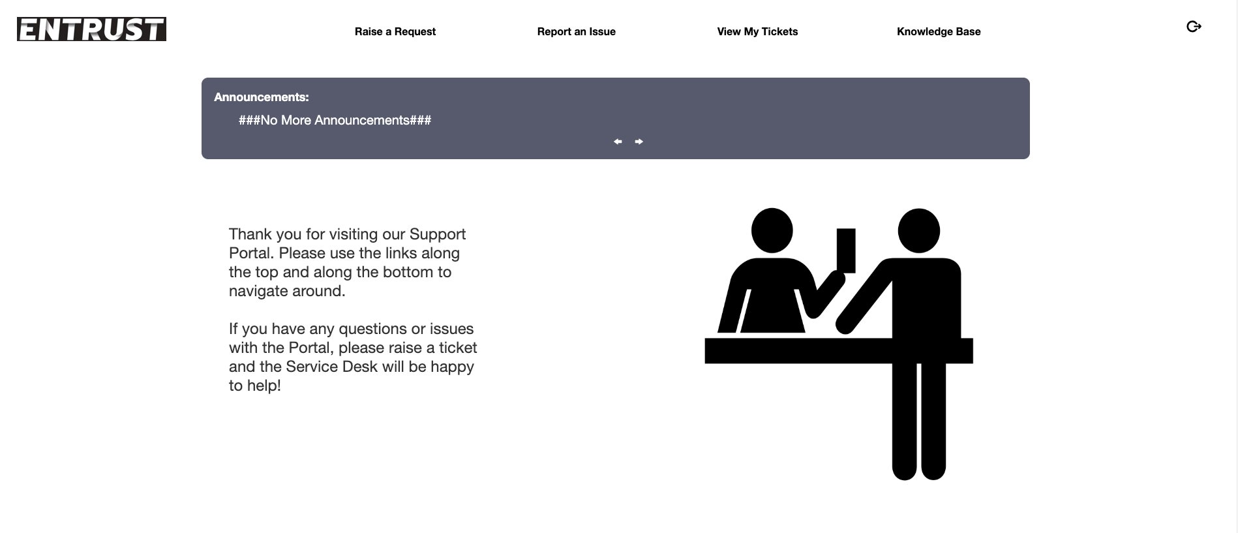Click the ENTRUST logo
pyautogui.click(x=91, y=29)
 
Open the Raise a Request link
pyautogui.click(x=395, y=31)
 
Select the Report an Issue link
pyautogui.click(x=576, y=31)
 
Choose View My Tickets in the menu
pyautogui.click(x=757, y=31)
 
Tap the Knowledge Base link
pyautogui.click(x=939, y=31)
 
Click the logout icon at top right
pyautogui.click(x=1194, y=27)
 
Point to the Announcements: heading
pyautogui.click(x=262, y=97)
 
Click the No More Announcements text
pyautogui.click(x=335, y=120)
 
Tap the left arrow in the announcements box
pyautogui.click(x=618, y=142)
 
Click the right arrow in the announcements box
pyautogui.click(x=639, y=142)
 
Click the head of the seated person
pyautogui.click(x=772, y=230)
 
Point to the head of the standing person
pyautogui.click(x=918, y=230)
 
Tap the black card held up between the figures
pyautogui.click(x=846, y=250)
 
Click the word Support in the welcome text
pyautogui.click(x=437, y=234)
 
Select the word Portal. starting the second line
pyautogui.click(x=251, y=253)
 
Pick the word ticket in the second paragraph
pyautogui.click(x=457, y=348)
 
